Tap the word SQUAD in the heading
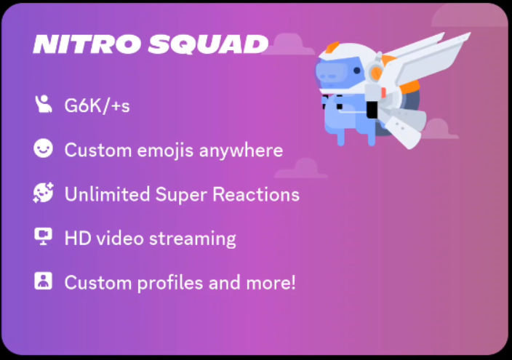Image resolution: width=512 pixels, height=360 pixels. (x=207, y=45)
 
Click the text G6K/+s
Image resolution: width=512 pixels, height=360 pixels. (x=97, y=106)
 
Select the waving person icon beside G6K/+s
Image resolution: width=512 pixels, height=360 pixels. (x=44, y=105)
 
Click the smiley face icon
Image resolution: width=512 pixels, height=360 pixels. (x=44, y=149)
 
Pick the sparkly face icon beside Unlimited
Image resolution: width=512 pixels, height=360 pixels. (x=44, y=193)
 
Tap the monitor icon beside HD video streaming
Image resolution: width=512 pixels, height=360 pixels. (x=44, y=236)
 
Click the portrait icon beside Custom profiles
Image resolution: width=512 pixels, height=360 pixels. (x=44, y=281)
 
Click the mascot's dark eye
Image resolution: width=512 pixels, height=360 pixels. (x=331, y=72)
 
